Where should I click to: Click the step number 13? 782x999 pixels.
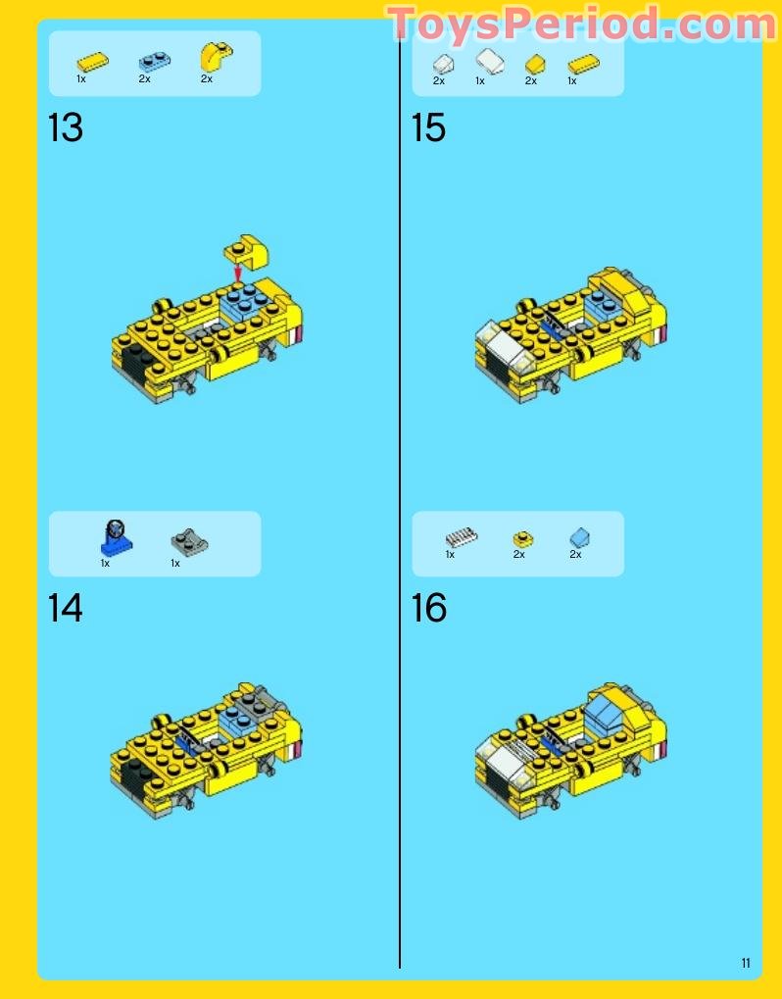click(x=66, y=128)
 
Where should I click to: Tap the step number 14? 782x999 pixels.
click(x=66, y=609)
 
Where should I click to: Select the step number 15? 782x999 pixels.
click(x=429, y=128)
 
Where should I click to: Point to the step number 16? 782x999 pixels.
click(x=429, y=609)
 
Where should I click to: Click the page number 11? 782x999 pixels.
click(x=746, y=963)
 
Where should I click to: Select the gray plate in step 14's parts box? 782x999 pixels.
click(x=187, y=541)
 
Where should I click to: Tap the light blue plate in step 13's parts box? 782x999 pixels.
click(x=152, y=61)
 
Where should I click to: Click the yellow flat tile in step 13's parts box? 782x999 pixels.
click(x=93, y=62)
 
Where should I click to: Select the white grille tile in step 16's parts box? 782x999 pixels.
click(x=461, y=536)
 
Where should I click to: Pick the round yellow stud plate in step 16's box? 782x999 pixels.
click(x=523, y=538)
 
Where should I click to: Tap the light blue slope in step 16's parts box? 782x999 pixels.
click(x=580, y=536)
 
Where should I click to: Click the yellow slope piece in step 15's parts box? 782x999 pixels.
click(x=534, y=64)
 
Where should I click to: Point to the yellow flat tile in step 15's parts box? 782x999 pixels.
click(x=583, y=65)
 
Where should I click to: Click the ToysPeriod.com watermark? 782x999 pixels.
click(x=580, y=25)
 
